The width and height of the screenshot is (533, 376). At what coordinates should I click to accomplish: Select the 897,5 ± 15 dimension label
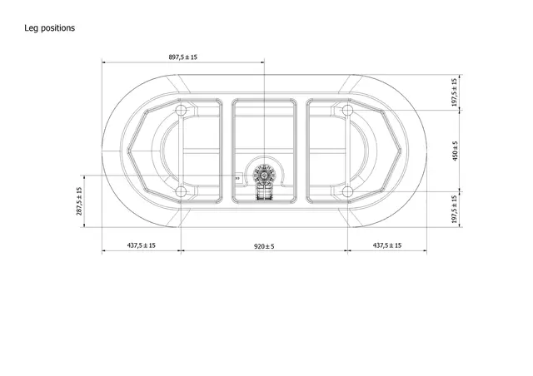182,57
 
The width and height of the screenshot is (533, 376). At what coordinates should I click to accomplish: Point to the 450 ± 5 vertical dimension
455,151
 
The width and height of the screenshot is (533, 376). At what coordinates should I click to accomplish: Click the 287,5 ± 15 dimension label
79,201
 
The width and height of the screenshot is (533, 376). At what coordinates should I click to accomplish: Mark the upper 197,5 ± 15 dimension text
454,93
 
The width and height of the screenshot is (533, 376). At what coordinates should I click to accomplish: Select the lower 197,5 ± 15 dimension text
454,210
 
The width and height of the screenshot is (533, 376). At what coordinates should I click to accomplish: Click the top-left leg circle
182,111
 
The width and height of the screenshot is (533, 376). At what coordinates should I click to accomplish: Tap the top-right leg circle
344,111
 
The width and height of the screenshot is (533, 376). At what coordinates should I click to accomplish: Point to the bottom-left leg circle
182,191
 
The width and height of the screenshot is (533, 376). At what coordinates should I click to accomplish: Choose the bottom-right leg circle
344,191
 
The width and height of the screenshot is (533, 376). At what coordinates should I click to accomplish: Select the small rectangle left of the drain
237,177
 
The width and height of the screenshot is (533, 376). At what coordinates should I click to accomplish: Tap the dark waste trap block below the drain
265,193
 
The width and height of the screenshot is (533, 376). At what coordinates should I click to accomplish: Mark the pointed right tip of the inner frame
405,151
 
